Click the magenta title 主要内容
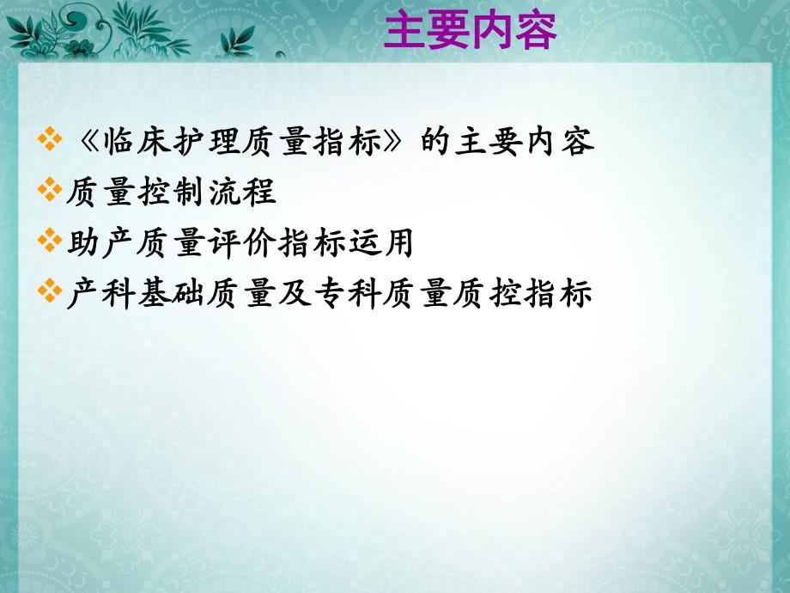click(x=470, y=32)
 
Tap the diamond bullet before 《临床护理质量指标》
click(x=52, y=141)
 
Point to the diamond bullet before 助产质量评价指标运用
click(x=52, y=243)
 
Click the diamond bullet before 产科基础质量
click(x=52, y=294)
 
